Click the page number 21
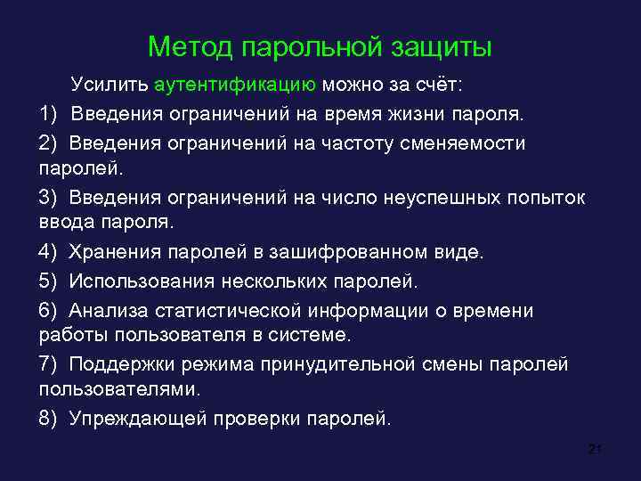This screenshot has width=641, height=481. (596, 449)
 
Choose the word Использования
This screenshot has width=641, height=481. (142, 281)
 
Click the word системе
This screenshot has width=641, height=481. (307, 336)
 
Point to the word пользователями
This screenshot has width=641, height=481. (121, 390)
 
